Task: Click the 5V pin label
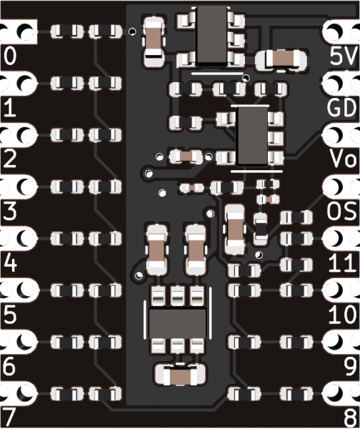(344, 56)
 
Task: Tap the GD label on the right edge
(342, 107)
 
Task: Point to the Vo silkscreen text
(344, 159)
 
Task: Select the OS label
(342, 211)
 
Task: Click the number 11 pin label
(343, 262)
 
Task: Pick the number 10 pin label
(343, 314)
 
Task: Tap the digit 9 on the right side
(351, 366)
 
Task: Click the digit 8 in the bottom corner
(351, 418)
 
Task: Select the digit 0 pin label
(10, 56)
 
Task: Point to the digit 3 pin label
(10, 211)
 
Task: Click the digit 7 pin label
(9, 418)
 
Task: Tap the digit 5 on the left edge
(10, 314)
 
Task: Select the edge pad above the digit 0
(19, 31)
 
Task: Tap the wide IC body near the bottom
(177, 323)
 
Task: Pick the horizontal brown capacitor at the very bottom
(180, 375)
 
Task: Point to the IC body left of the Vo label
(251, 136)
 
